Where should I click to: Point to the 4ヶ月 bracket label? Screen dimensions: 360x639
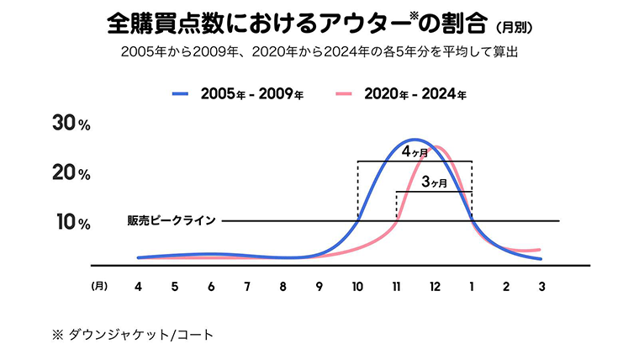(415, 152)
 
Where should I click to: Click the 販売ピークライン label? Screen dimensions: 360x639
(172, 221)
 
